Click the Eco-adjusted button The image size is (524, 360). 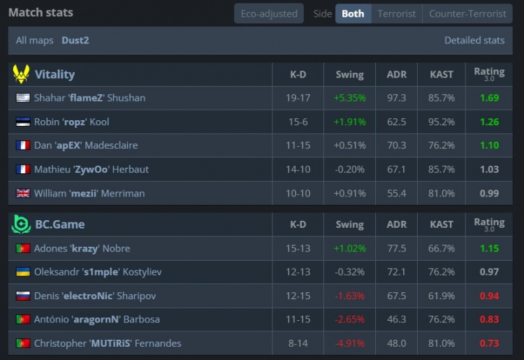pyautogui.click(x=268, y=13)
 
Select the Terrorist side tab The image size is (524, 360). pyautogui.click(x=396, y=13)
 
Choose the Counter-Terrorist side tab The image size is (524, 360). pyautogui.click(x=467, y=13)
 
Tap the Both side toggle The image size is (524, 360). pyautogui.click(x=353, y=13)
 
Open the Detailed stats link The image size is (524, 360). pyautogui.click(x=474, y=41)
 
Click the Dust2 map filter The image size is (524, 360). pyautogui.click(x=75, y=41)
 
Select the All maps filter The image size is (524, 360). pyautogui.click(x=35, y=41)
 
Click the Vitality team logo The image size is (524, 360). pyautogui.click(x=21, y=74)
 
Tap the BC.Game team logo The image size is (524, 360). pyautogui.click(x=21, y=224)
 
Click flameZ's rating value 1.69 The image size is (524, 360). pyautogui.click(x=489, y=98)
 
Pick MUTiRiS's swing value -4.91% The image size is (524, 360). pyautogui.click(x=349, y=343)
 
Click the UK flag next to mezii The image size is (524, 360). pyautogui.click(x=22, y=193)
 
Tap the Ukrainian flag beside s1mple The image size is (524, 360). pyautogui.click(x=22, y=272)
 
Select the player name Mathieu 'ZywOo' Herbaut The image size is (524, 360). pyautogui.click(x=91, y=169)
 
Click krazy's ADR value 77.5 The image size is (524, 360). pyautogui.click(x=396, y=248)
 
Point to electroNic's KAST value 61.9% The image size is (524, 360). pyautogui.click(x=442, y=296)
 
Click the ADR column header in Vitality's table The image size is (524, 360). pyautogui.click(x=396, y=75)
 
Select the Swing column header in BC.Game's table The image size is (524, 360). pyautogui.click(x=349, y=225)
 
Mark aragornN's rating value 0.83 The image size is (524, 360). pyautogui.click(x=489, y=319)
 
